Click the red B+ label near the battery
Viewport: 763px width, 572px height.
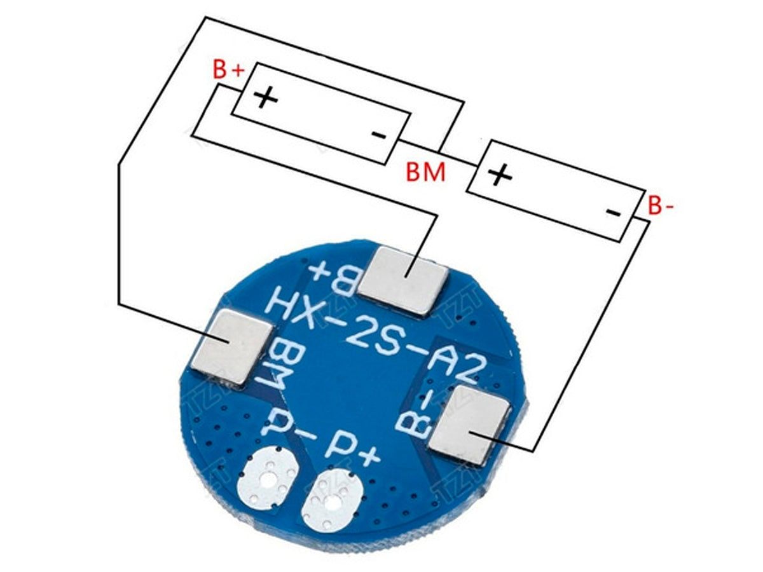(228, 69)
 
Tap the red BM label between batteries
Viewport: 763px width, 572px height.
(426, 172)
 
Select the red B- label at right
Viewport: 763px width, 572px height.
(661, 206)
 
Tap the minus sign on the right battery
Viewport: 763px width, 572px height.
(613, 212)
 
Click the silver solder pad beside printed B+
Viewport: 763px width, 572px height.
(404, 280)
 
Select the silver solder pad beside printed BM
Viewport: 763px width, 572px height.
(233, 346)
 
